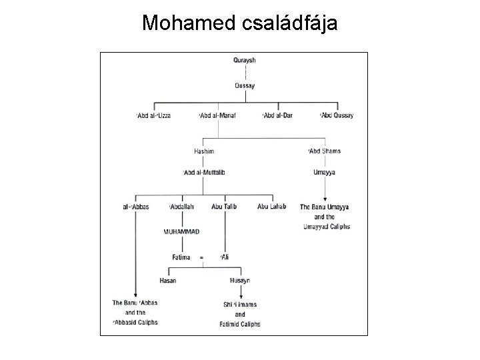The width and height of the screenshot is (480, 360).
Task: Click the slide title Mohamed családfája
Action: (240, 24)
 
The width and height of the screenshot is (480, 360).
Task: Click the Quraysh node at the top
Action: (245, 61)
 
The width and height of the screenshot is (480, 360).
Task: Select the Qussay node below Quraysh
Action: (245, 86)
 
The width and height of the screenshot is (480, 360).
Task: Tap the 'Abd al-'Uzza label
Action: (153, 116)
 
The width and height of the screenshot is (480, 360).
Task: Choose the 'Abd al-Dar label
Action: (278, 116)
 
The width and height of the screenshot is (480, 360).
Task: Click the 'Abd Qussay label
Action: (337, 116)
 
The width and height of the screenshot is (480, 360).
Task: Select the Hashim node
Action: (204, 151)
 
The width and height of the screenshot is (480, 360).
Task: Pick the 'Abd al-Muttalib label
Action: (204, 173)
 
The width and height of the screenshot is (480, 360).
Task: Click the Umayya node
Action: (324, 173)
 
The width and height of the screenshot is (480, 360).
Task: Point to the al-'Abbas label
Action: (135, 207)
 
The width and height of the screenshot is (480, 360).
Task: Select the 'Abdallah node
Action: (181, 207)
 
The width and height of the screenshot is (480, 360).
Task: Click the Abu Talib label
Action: (224, 207)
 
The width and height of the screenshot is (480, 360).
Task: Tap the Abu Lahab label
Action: (272, 207)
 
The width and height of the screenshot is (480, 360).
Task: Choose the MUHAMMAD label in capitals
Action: (181, 231)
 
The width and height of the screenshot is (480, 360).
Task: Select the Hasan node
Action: (168, 281)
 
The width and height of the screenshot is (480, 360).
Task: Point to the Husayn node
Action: (240, 281)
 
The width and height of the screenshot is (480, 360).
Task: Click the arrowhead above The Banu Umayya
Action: (324, 199)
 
